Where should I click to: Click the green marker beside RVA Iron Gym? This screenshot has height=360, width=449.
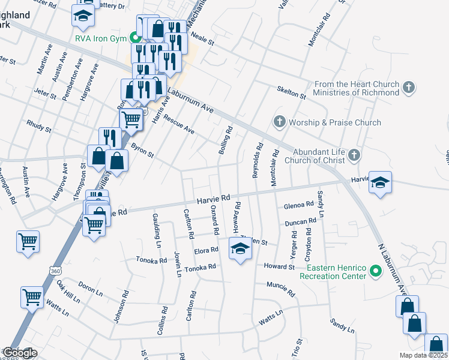click(x=136, y=38)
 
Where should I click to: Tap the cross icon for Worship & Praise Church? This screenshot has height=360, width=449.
click(x=279, y=122)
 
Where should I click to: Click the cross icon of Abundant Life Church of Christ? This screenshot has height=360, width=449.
click(x=354, y=155)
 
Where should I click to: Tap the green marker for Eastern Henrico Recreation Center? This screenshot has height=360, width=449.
click(x=376, y=271)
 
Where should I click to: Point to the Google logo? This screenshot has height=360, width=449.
click(x=19, y=353)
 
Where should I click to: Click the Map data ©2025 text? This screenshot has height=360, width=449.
click(x=423, y=356)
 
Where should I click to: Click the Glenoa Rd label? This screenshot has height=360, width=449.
click(x=299, y=205)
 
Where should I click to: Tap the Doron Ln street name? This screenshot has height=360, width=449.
click(x=91, y=289)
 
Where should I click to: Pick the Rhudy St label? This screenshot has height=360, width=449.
click(x=40, y=126)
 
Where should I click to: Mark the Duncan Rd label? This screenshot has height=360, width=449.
click(x=300, y=223)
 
